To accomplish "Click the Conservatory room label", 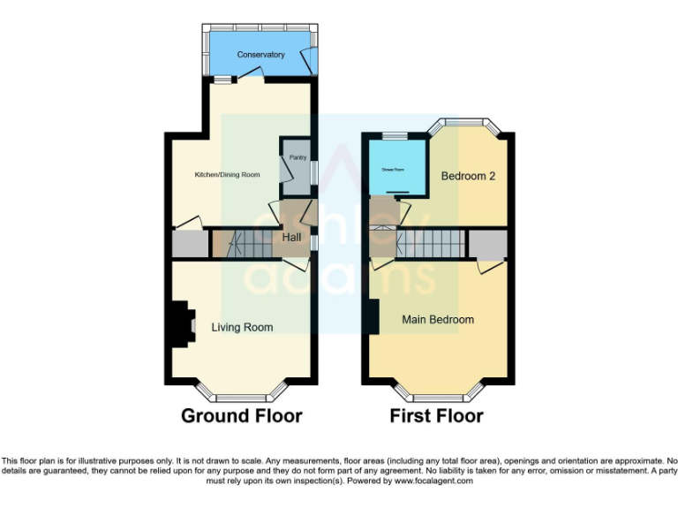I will pyautogui.click(x=260, y=55).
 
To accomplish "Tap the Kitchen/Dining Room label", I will pyautogui.click(x=227, y=175).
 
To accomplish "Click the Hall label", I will pyautogui.click(x=291, y=238).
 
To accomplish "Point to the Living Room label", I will pyautogui.click(x=242, y=327).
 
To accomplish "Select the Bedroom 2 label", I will pyautogui.click(x=468, y=176).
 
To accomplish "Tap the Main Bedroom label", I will pyautogui.click(x=438, y=319).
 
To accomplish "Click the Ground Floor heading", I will pyautogui.click(x=242, y=415).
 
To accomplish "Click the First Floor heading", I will pyautogui.click(x=437, y=415).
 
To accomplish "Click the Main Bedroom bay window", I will pyautogui.click(x=438, y=393).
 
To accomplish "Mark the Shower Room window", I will pyautogui.click(x=395, y=135).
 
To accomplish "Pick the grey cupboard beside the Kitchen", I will pyautogui.click(x=188, y=243).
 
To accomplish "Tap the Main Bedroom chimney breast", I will pyautogui.click(x=373, y=316).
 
